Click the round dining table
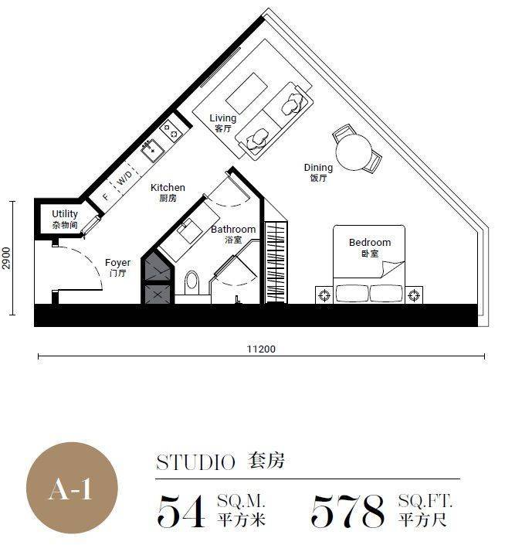[354, 152]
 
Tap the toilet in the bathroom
[192, 283]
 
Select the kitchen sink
[152, 150]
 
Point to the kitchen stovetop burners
[171, 131]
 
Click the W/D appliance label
[124, 179]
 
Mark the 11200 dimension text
[261, 349]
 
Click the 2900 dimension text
[7, 258]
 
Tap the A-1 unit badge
[72, 489]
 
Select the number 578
[348, 510]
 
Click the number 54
[181, 510]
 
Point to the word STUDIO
[195, 462]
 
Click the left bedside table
[324, 295]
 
